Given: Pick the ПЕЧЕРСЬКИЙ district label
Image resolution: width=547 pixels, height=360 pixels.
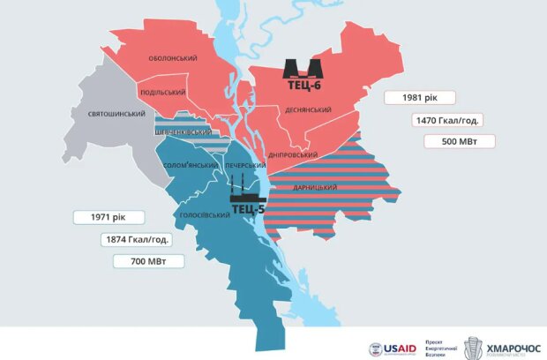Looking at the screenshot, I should tap(245, 165).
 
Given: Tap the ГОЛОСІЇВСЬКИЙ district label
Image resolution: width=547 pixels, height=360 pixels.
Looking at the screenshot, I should tap(199, 214).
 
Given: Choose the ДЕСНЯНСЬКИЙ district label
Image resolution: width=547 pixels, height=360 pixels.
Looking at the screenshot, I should tap(308, 110).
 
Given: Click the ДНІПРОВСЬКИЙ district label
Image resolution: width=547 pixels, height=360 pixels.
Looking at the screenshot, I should tap(292, 154).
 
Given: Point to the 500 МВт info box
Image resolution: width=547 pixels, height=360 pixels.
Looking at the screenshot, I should tap(459, 141).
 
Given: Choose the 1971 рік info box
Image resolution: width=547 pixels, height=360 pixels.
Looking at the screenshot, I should tap(102, 217).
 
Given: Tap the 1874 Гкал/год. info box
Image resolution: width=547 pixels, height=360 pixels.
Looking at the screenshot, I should tap(136, 239).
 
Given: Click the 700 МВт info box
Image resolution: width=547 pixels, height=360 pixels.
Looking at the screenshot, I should tap(147, 261).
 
